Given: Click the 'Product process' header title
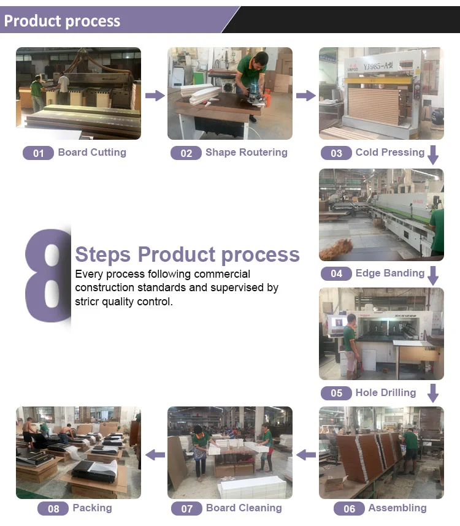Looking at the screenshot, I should coord(62,21).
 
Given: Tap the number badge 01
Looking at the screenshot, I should coord(38,153).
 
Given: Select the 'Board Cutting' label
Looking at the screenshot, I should coord(92,153).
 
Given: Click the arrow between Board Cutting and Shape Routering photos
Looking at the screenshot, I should coord(155,95).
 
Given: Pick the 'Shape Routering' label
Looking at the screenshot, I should coord(246,153).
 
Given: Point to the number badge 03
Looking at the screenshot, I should coord(336,153).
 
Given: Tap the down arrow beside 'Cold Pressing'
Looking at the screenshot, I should coord(433,154).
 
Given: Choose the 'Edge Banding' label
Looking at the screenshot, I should coord(390,273).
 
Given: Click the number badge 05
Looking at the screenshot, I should coord(336,393).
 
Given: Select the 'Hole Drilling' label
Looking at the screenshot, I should coord(386,392).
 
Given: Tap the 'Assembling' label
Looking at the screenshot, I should coord(397,508).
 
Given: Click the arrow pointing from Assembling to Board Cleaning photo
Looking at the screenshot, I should coord(305,454).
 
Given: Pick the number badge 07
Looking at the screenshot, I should coord(186,509).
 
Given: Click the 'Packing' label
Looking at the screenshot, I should coord(92,508).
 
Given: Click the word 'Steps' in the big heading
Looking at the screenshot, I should coord(103,254).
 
